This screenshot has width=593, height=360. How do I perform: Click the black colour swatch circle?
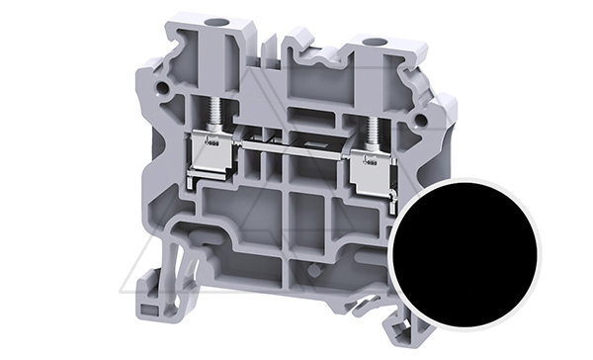click(464, 253)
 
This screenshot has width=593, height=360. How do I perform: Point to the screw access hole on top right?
click(374, 44)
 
